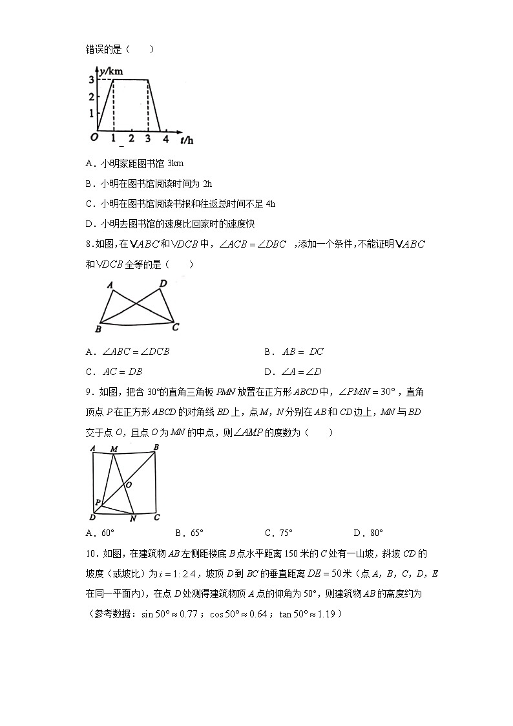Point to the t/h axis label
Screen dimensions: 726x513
(x=187, y=140)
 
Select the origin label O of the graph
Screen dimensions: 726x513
(x=94, y=137)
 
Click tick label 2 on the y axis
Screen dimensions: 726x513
(x=92, y=96)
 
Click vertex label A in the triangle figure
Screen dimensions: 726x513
(x=110, y=284)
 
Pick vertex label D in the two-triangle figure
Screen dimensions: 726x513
(x=163, y=283)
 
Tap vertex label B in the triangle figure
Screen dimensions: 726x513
(x=98, y=330)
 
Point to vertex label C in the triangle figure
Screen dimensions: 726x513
(x=175, y=327)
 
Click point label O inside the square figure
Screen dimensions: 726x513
(x=129, y=484)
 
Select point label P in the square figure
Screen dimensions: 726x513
(x=98, y=502)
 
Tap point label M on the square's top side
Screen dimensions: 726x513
(x=114, y=449)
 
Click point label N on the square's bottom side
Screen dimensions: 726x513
(x=132, y=518)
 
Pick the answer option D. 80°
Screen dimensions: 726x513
(x=368, y=533)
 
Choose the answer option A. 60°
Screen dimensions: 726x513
(x=99, y=533)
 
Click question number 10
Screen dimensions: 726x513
(x=92, y=553)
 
